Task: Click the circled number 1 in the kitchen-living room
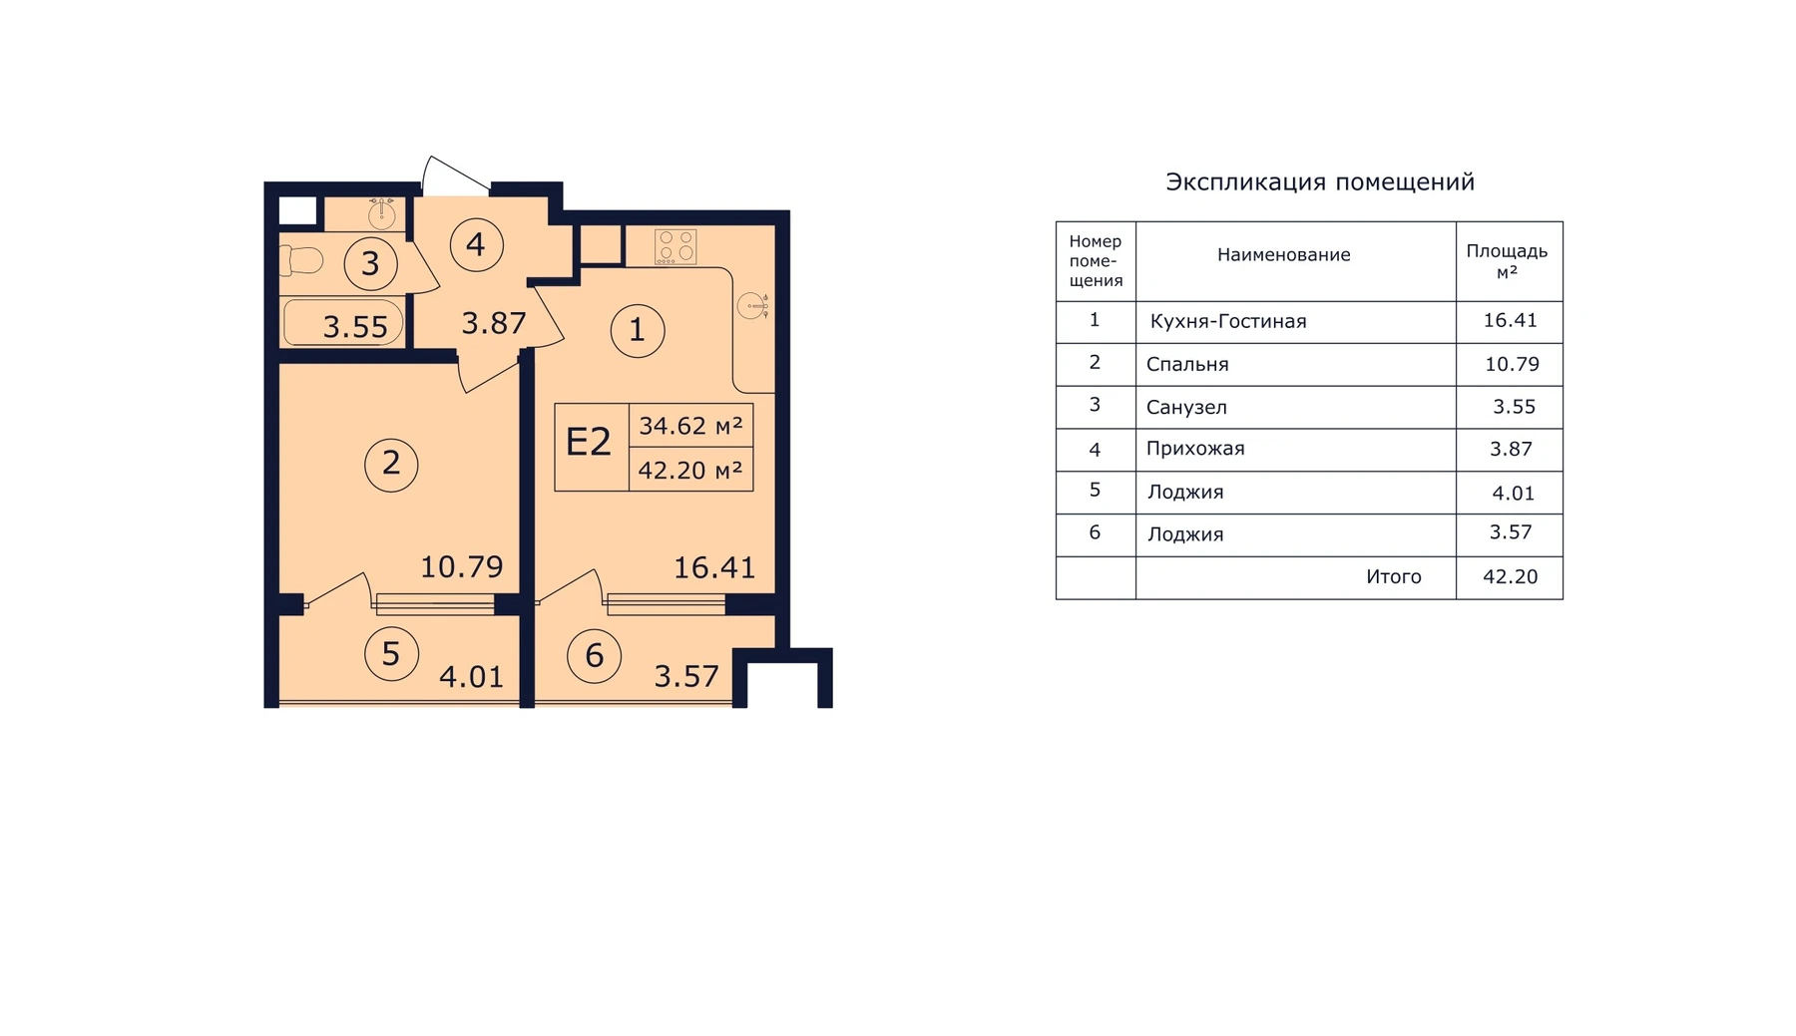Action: (x=637, y=330)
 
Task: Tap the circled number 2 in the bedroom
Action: (x=391, y=464)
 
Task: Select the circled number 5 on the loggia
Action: (x=391, y=654)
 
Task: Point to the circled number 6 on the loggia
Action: (x=594, y=656)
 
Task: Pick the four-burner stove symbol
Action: (x=675, y=246)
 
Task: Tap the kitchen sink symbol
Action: (x=753, y=305)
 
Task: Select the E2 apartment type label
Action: (x=588, y=442)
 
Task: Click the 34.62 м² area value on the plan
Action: (x=690, y=426)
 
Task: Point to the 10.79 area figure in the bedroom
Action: (x=461, y=566)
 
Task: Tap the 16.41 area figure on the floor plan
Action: (x=714, y=567)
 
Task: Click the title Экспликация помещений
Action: (x=1320, y=182)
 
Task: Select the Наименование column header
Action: (x=1283, y=255)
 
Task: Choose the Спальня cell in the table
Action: (x=1187, y=364)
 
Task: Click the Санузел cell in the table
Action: (x=1186, y=407)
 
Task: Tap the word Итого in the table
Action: (x=1394, y=577)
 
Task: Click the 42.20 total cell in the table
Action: (x=1511, y=577)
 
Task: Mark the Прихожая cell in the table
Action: (x=1195, y=449)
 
